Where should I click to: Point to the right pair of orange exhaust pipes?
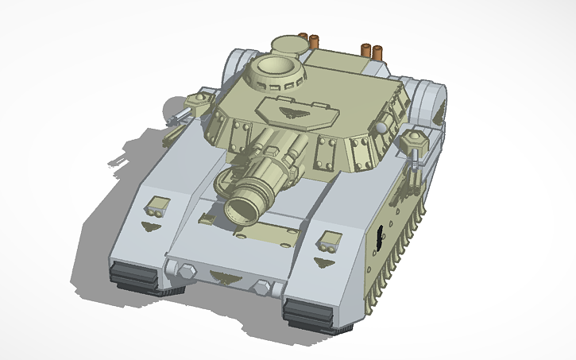(372, 50)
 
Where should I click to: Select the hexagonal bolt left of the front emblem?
(187, 271)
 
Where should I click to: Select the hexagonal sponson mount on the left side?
(197, 100)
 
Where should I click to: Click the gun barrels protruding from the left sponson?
(179, 119)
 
